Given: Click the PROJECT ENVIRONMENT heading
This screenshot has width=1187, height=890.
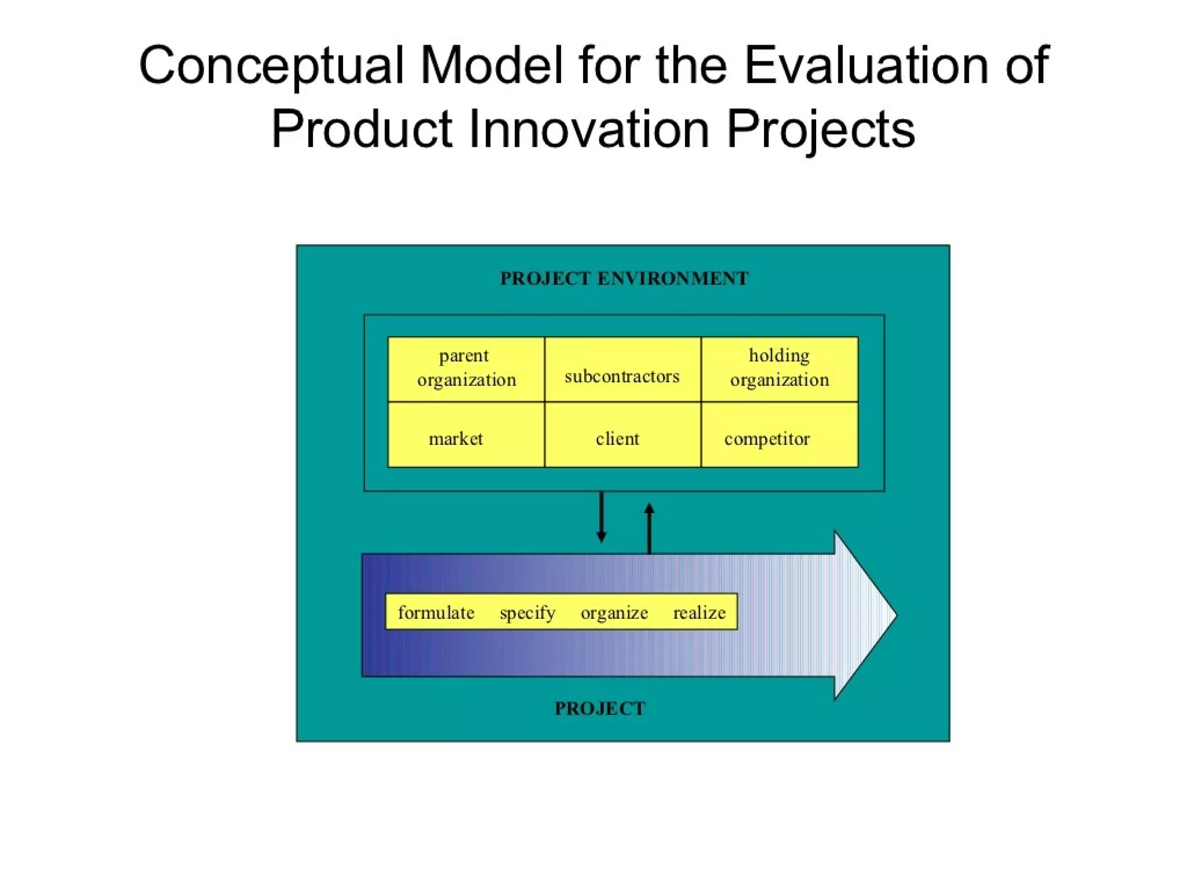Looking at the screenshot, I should click(x=624, y=279).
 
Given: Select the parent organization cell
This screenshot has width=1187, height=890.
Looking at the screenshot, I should click(x=466, y=369).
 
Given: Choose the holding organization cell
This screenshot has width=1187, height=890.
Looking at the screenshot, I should click(x=780, y=369).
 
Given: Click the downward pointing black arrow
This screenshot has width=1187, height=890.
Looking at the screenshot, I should click(x=602, y=517).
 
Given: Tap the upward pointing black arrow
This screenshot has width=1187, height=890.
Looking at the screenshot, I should click(x=649, y=527).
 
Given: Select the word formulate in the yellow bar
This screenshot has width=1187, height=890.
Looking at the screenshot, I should click(x=436, y=612).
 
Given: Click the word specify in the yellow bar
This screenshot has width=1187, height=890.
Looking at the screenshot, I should click(x=527, y=612).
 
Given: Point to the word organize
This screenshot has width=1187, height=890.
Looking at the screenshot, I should click(x=614, y=612).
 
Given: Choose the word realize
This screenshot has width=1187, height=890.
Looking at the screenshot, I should click(x=699, y=612).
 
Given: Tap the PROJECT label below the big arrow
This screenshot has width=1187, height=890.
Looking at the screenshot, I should click(x=600, y=709).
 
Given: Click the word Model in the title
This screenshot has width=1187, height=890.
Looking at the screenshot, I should click(x=491, y=65).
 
